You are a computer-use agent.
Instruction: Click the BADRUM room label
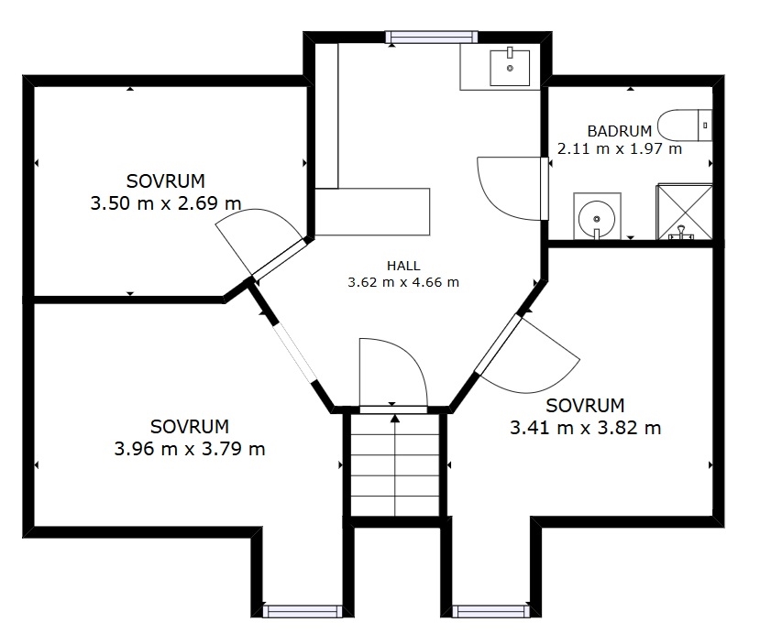click(x=619, y=131)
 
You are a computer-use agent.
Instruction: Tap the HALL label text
click(x=403, y=266)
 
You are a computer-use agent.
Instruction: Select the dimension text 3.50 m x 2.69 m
click(x=166, y=202)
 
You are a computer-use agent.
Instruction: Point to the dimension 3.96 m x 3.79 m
click(x=190, y=449)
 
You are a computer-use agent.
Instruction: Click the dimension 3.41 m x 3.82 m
click(x=586, y=428)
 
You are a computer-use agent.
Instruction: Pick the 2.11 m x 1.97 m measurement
click(x=620, y=148)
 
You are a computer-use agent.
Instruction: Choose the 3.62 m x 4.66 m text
click(x=403, y=282)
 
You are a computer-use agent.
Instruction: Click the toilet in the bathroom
click(x=685, y=126)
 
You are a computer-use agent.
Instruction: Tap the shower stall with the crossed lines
click(x=684, y=212)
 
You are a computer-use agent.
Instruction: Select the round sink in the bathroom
click(x=597, y=216)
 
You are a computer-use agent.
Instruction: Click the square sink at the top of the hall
click(x=510, y=68)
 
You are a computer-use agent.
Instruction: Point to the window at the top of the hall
click(x=432, y=38)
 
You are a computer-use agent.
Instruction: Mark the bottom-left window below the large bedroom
click(x=303, y=612)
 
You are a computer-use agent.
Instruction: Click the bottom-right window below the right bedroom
click(x=491, y=612)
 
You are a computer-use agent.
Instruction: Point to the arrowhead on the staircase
click(x=395, y=418)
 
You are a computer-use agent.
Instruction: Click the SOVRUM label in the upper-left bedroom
click(x=166, y=181)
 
